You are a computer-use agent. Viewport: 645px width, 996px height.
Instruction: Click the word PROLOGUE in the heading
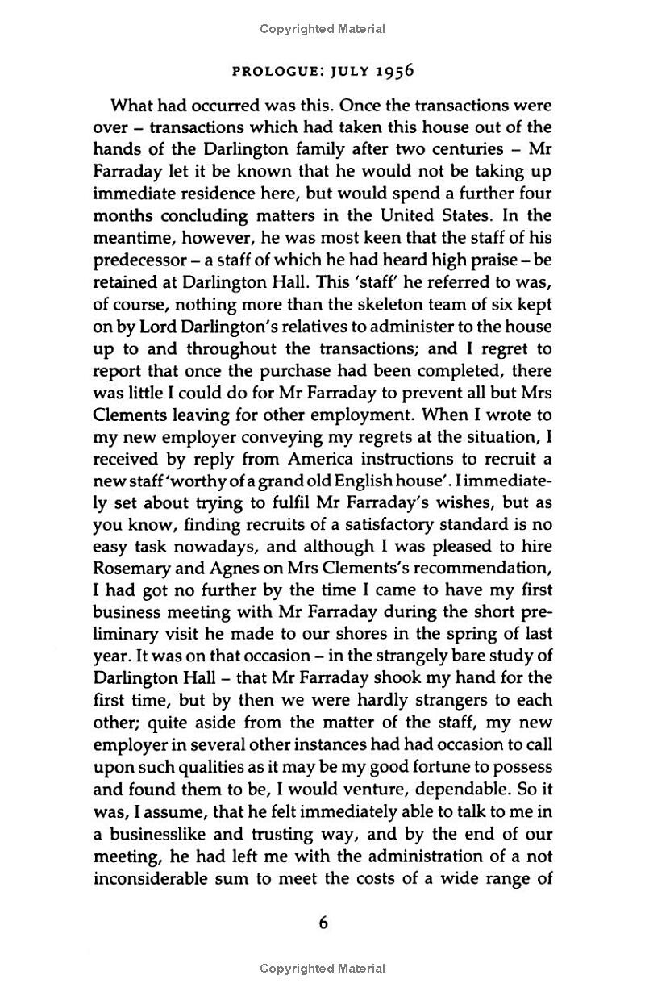coord(270,70)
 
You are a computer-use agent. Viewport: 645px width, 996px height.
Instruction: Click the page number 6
coord(322,923)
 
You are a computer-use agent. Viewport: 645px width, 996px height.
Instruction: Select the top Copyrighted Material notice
coord(322,29)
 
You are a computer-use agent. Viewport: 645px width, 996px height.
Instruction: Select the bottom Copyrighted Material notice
coord(322,969)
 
